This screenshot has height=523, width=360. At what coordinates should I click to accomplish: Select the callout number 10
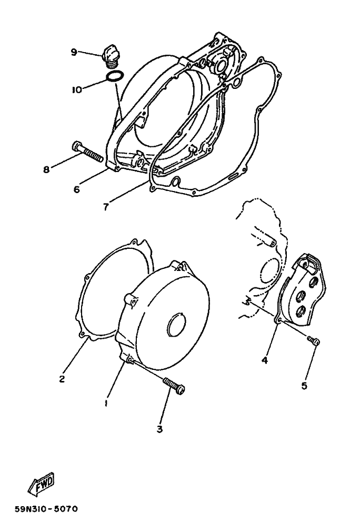(x=76, y=90)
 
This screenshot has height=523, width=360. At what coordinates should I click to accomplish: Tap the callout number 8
(x=46, y=169)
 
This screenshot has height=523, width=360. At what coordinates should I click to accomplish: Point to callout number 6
(x=77, y=189)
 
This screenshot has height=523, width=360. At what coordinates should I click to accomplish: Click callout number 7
(x=105, y=207)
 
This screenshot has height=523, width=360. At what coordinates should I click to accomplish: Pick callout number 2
(x=62, y=379)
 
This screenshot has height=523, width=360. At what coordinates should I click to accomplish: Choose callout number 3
(x=160, y=429)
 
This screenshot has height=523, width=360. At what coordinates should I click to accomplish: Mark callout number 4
(x=265, y=360)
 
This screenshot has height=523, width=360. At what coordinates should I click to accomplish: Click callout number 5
(x=304, y=386)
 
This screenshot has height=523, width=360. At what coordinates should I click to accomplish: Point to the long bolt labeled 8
(x=87, y=153)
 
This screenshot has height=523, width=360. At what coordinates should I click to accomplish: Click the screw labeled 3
(x=174, y=386)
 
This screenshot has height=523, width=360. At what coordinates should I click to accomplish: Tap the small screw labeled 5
(x=313, y=340)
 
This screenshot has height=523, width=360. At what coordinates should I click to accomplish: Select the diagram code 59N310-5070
(x=46, y=509)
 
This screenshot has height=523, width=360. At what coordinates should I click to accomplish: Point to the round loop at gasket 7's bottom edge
(x=175, y=182)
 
